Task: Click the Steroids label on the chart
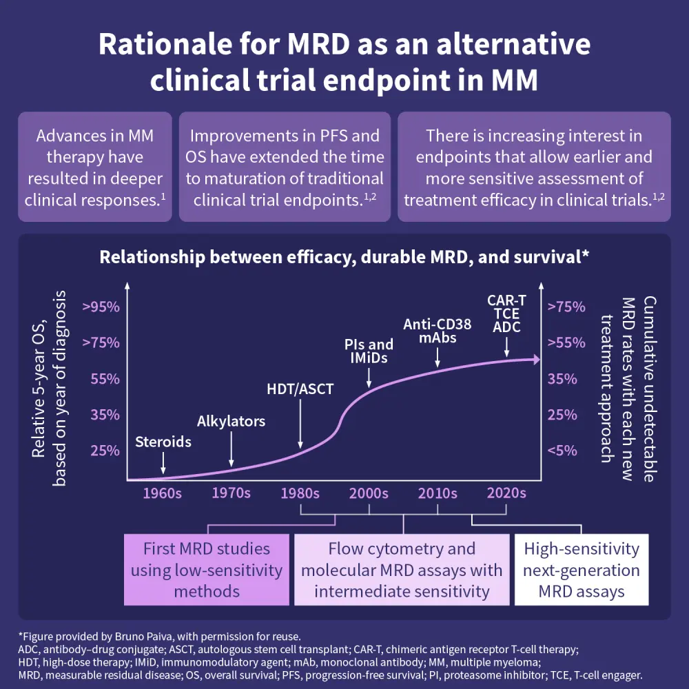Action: [x=163, y=442]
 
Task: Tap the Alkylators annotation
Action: [x=231, y=421]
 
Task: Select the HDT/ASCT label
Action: [x=300, y=389]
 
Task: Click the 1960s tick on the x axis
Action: [x=162, y=493]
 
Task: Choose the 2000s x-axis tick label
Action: [x=369, y=493]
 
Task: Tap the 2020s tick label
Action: [x=506, y=493]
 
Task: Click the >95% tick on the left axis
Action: [x=101, y=307]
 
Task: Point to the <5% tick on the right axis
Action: [x=562, y=450]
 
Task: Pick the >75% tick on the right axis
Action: [x=566, y=307]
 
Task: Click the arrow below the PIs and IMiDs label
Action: [x=369, y=377]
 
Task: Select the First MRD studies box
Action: [x=207, y=570]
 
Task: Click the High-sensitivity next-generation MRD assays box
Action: [x=582, y=570]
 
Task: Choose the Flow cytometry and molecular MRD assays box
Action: [x=402, y=570]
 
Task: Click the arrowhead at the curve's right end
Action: [x=535, y=359]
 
